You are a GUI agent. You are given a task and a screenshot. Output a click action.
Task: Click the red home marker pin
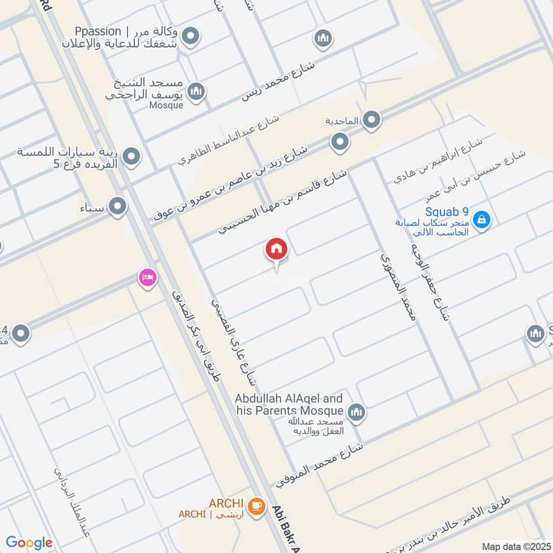coord(276,250)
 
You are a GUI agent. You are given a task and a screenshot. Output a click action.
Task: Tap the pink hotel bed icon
coord(147,278)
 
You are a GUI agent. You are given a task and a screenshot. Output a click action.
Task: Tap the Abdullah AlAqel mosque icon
coord(357,413)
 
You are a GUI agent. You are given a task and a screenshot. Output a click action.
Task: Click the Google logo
coord(29,543)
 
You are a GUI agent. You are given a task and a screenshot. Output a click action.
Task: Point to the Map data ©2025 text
coord(514,546)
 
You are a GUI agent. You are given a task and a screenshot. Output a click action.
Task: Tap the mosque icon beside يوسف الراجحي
coord(197,91)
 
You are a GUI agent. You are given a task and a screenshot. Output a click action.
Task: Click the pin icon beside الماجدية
coord(372,121)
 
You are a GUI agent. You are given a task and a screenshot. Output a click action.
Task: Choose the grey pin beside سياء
coord(118,205)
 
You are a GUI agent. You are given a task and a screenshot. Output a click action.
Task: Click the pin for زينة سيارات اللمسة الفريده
coord(132,157)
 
